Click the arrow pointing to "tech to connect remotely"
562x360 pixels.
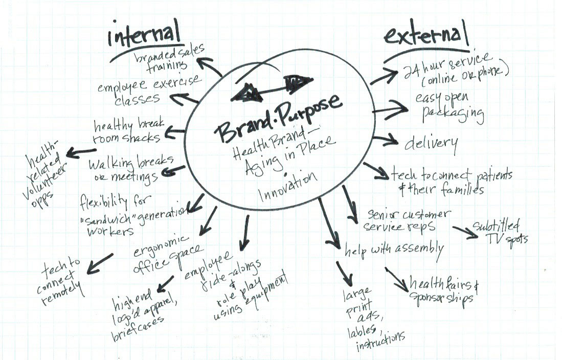click(100, 261)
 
